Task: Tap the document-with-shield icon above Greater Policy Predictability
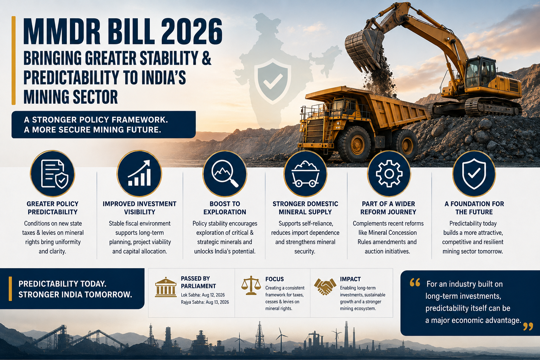pyautogui.click(x=54, y=173)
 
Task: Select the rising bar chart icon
pyautogui.click(x=140, y=173)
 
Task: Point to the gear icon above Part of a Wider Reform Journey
pyautogui.click(x=389, y=173)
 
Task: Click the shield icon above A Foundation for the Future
pyautogui.click(x=474, y=174)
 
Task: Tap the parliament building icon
pyautogui.click(x=166, y=287)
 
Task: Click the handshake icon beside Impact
pyautogui.click(x=325, y=287)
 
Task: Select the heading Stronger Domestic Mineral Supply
pyautogui.click(x=305, y=208)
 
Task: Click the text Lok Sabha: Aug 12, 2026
pyautogui.click(x=203, y=295)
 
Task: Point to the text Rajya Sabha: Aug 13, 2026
pyautogui.click(x=205, y=302)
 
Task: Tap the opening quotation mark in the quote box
pyautogui.click(x=415, y=282)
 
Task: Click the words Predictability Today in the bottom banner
pyautogui.click(x=62, y=284)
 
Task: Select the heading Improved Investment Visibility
pyautogui.click(x=140, y=208)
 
